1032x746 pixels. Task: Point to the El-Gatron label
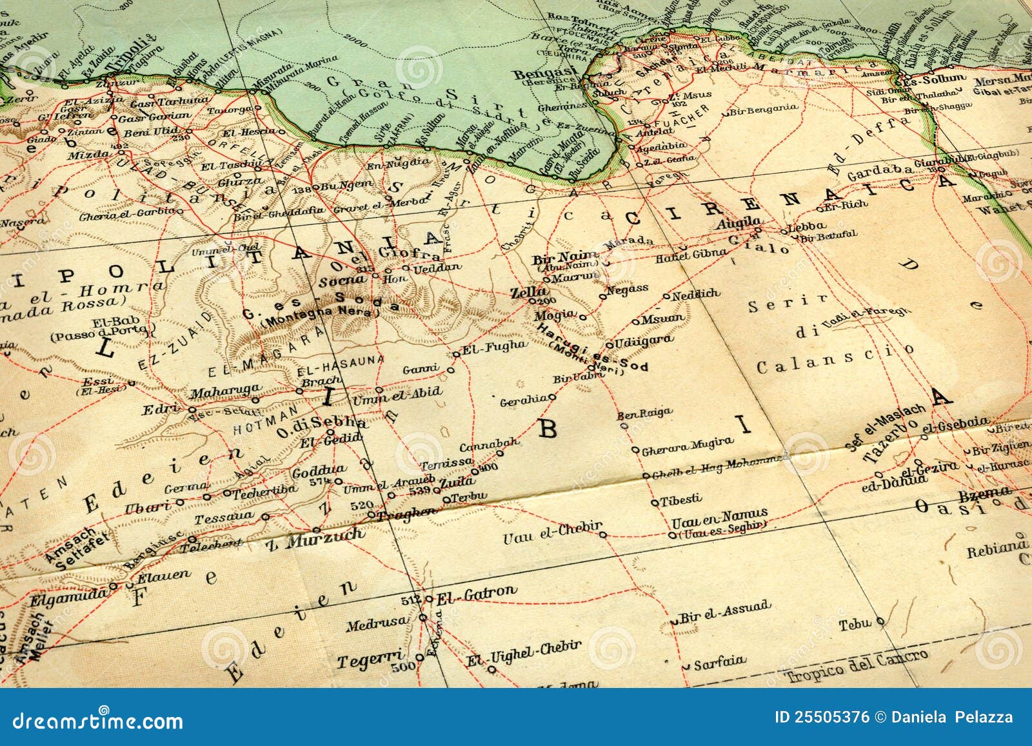tap(477, 593)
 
